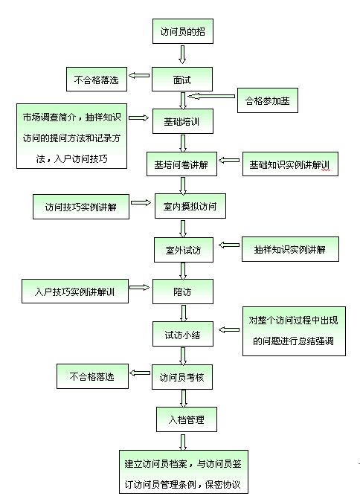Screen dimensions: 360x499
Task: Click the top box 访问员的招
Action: pos(183,31)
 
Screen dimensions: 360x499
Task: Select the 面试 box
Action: pos(182,80)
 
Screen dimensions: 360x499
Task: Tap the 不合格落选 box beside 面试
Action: pos(97,80)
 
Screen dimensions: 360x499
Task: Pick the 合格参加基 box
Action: pos(268,100)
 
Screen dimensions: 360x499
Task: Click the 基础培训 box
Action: pos(183,121)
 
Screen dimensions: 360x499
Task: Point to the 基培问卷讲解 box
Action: pos(181,164)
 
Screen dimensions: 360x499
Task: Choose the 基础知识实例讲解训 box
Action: pos(290,164)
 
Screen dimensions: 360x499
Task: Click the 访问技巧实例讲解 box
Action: pos(81,207)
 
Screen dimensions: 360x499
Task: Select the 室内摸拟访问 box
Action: pos(190,206)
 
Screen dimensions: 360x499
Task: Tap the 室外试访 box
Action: pos(184,250)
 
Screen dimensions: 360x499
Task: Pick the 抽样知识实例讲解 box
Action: pos(290,249)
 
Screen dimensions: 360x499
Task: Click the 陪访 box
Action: pos(183,292)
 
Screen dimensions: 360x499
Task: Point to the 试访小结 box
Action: pos(183,334)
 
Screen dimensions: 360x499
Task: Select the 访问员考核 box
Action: pos(182,377)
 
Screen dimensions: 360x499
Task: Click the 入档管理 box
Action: pos(187,419)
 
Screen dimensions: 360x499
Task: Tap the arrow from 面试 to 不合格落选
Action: pos(139,75)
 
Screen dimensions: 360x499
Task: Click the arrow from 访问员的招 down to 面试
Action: pos(182,54)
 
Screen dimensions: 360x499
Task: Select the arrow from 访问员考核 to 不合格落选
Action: pos(140,373)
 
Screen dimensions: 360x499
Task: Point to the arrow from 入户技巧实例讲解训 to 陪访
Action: pos(139,287)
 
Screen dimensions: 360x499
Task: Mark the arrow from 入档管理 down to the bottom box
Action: pos(183,442)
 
